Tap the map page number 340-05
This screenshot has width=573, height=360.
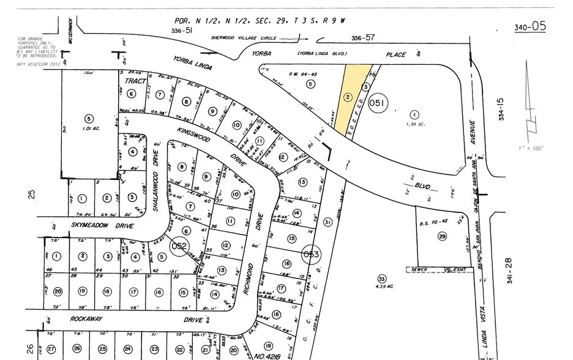[530, 26]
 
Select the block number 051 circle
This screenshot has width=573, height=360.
[378, 105]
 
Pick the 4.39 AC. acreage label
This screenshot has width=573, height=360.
[382, 285]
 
